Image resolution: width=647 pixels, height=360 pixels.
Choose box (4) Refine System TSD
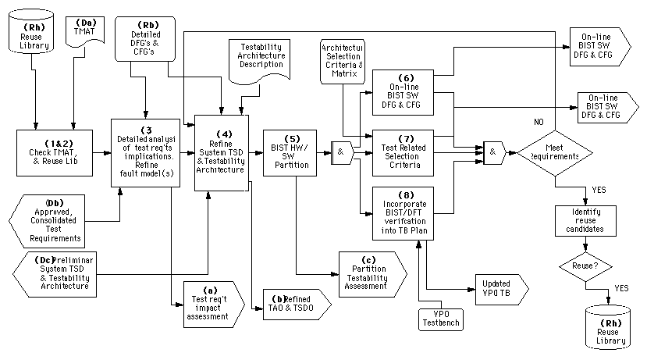(x=222, y=151)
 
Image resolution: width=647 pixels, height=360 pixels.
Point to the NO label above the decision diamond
(x=538, y=123)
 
